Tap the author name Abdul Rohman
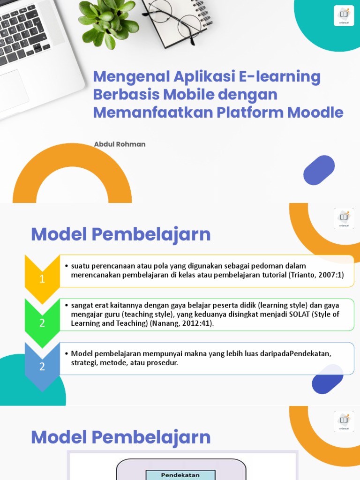pyautogui.click(x=120, y=144)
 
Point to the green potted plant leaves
pyautogui.click(x=107, y=21)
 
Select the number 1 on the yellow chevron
pyautogui.click(x=42, y=279)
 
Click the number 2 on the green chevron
pyautogui.click(x=42, y=323)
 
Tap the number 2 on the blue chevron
pyautogui.click(x=42, y=367)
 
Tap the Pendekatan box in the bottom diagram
pyautogui.click(x=180, y=475)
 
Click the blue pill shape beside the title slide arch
pyautogui.click(x=319, y=170)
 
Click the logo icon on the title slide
pyautogui.click(x=344, y=15)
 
